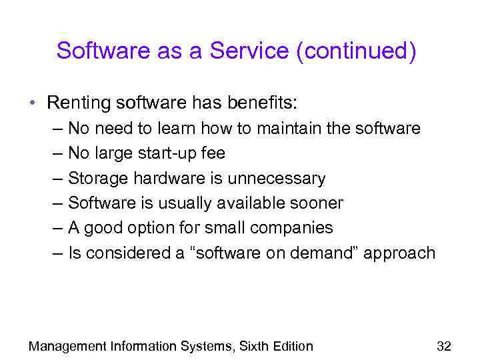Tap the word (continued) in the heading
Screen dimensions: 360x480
coord(357,51)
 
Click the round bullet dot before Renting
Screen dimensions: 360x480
coord(32,103)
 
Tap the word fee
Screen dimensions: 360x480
coord(214,153)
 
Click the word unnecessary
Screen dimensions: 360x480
coord(276,179)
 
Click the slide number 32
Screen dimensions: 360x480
coord(443,345)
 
